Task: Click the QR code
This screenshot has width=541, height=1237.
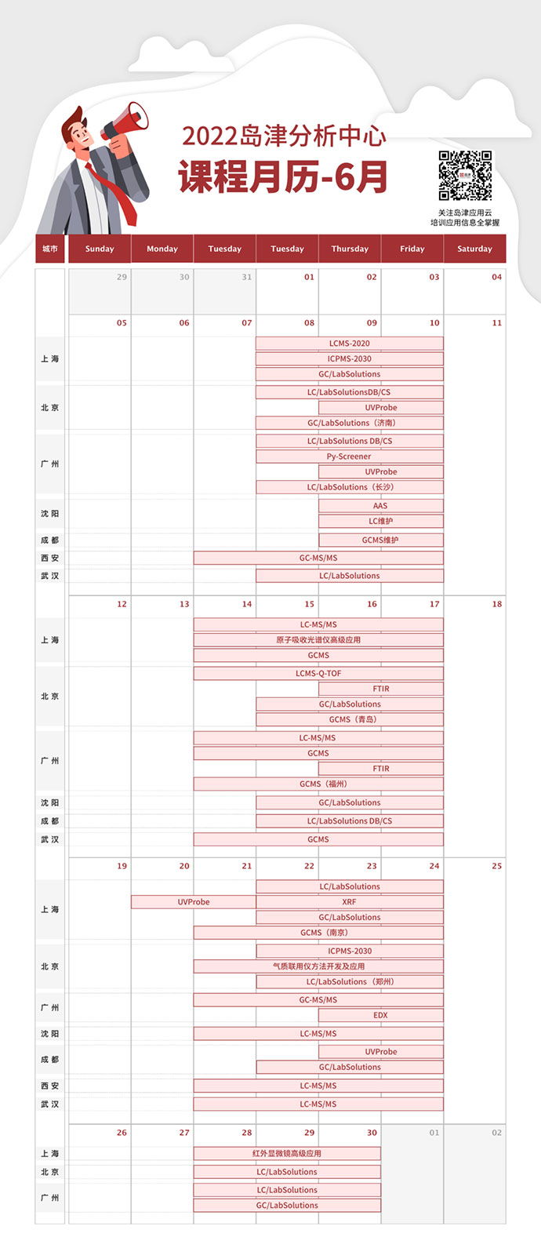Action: [465, 176]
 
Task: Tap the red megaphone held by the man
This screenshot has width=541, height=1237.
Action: [125, 124]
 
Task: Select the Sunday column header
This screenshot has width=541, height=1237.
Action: [100, 249]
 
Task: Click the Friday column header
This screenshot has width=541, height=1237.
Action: [412, 249]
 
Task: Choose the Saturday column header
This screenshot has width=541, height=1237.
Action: [474, 249]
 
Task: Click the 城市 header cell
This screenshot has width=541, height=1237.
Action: [50, 249]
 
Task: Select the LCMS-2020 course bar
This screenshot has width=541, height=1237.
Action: [350, 344]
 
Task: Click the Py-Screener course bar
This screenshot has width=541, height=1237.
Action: [350, 457]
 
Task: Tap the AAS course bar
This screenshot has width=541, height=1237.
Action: [380, 506]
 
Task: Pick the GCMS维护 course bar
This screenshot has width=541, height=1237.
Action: [380, 540]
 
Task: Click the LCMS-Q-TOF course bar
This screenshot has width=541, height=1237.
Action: [318, 674]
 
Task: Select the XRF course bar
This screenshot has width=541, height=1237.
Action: [350, 902]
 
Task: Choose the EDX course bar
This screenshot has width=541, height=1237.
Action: [380, 1015]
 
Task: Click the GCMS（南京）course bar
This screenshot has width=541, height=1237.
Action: [318, 933]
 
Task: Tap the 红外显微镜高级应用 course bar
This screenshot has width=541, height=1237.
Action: [287, 1154]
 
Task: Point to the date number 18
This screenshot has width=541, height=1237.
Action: [496, 604]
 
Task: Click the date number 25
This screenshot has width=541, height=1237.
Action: [496, 866]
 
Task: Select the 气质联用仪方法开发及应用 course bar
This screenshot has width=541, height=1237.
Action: [318, 966]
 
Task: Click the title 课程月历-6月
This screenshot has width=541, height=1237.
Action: [283, 176]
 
